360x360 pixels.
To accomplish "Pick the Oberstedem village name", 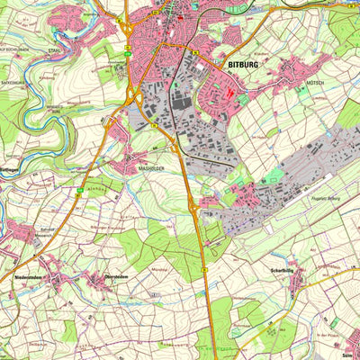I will click(x=115, y=277).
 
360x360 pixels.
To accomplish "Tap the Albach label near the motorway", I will click(x=98, y=188).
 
